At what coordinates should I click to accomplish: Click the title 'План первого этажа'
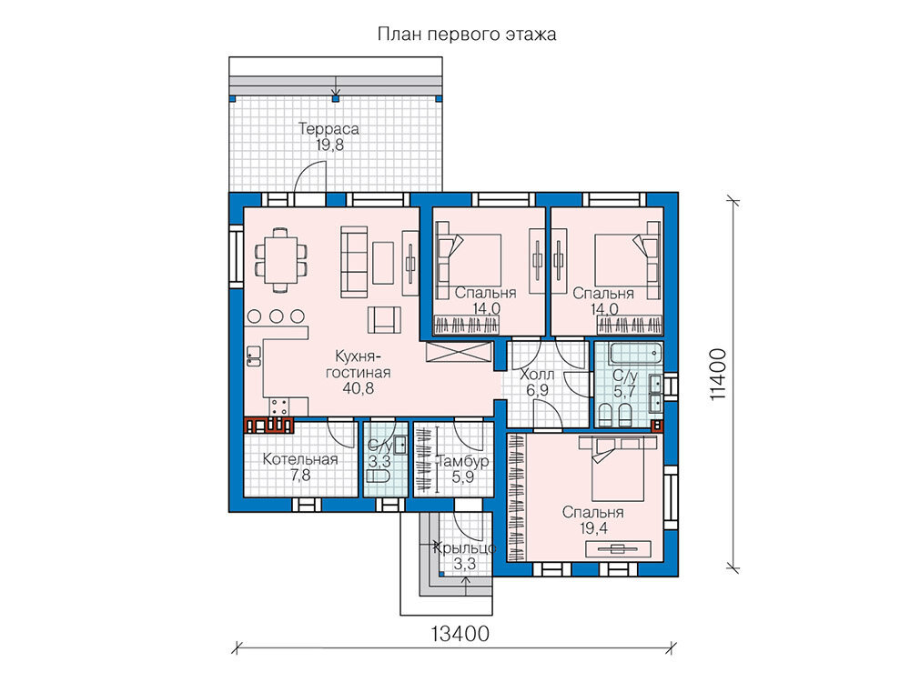[467, 35]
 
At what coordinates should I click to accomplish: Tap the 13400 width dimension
[460, 634]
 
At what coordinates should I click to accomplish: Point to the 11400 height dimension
[717, 374]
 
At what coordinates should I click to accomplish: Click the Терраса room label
[329, 128]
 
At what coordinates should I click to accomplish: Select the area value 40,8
[358, 388]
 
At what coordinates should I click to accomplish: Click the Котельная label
[300, 459]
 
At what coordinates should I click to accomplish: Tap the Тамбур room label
[462, 462]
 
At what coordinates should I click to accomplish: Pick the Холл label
[537, 375]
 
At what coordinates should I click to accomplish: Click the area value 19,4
[593, 527]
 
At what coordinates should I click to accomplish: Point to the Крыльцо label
[465, 548]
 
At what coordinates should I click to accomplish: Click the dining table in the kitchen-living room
[281, 259]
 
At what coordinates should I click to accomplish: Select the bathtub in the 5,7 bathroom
[635, 351]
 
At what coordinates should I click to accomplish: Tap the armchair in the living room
[384, 319]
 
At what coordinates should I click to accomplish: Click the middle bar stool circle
[277, 316]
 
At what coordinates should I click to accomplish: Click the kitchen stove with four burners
[279, 406]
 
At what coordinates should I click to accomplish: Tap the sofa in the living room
[353, 262]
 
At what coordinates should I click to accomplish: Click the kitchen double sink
[254, 356]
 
